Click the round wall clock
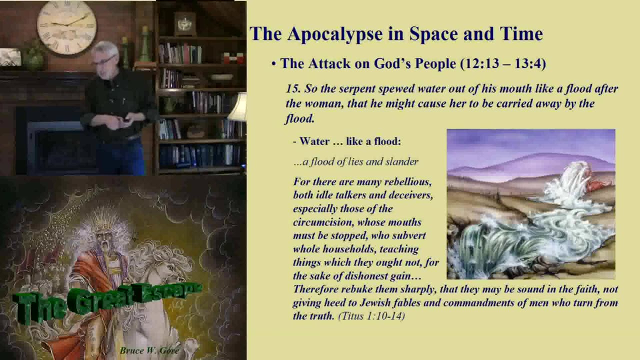point(66,27)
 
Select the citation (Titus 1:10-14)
point(371,316)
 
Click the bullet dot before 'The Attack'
point(273,64)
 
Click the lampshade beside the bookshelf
point(238,107)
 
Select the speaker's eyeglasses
point(104,61)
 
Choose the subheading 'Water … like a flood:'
point(349,141)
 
